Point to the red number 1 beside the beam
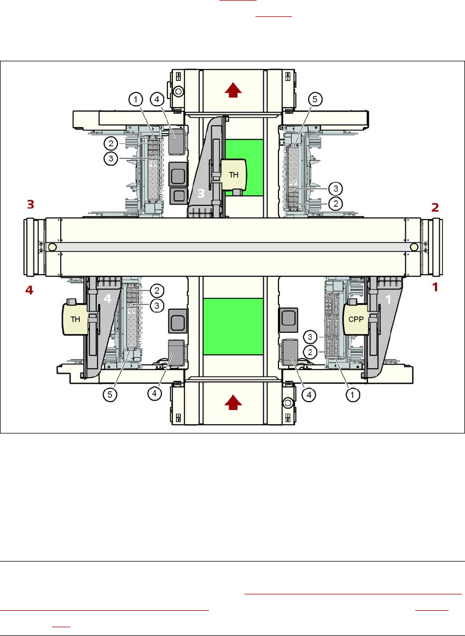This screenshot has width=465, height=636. pyautogui.click(x=435, y=286)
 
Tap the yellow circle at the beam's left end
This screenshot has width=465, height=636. pyautogui.click(x=52, y=247)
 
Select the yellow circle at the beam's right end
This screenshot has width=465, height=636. pyautogui.click(x=414, y=247)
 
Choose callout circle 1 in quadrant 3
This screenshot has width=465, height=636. pyautogui.click(x=135, y=99)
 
